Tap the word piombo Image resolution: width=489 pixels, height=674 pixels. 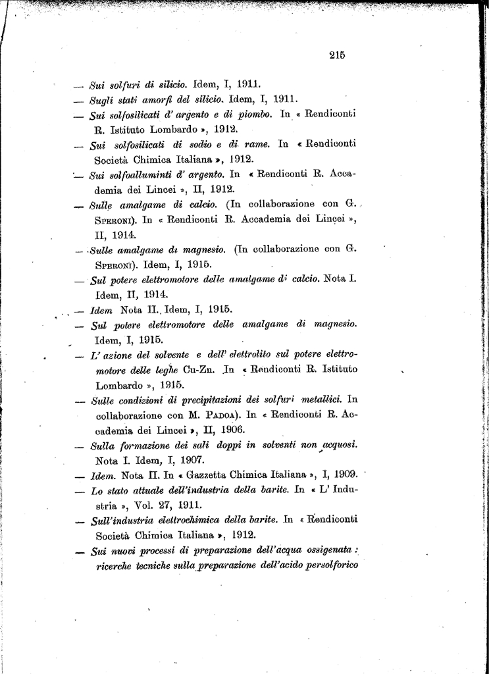click(250, 115)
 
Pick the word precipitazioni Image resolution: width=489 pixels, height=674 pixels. click(210, 400)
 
